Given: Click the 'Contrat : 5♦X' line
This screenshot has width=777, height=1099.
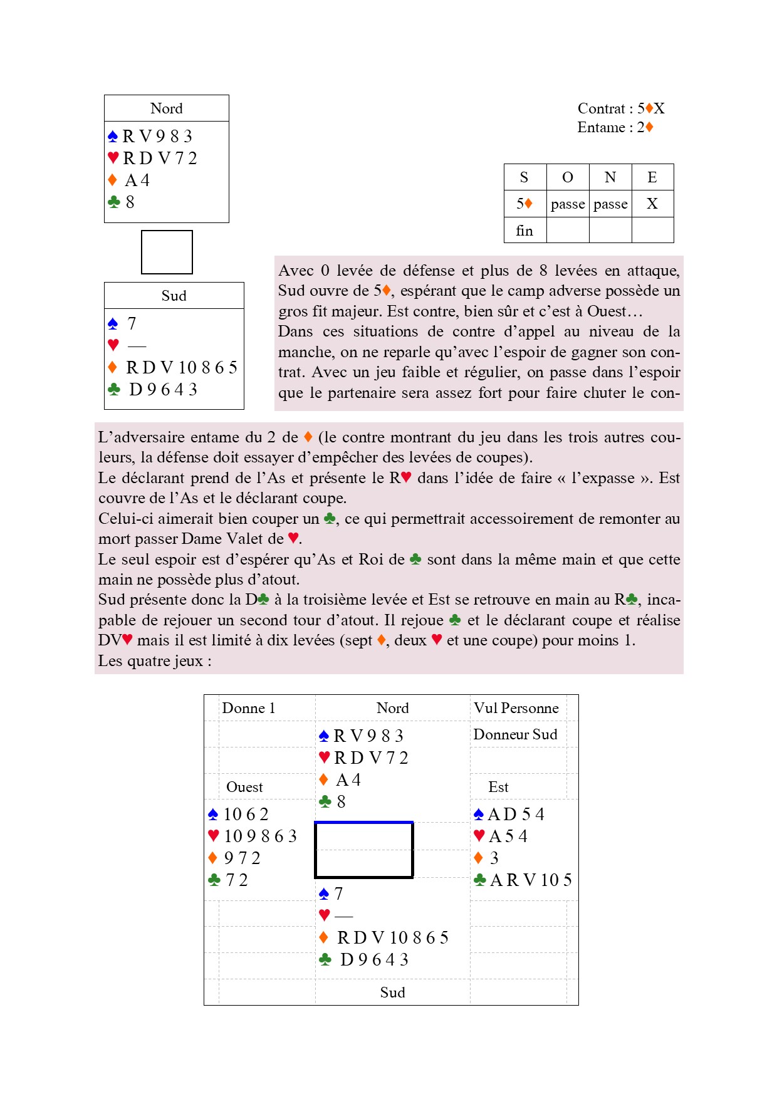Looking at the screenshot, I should coord(620,108).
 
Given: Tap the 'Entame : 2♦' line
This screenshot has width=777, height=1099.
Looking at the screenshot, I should coord(615,127).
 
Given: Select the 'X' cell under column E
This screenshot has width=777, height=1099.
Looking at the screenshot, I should coord(652,204).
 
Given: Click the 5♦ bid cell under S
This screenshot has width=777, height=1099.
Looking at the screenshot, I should coord(524,204).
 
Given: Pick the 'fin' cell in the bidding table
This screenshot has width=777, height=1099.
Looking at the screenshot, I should coord(524,231).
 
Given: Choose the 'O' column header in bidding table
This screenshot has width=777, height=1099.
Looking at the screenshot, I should coord(568,177).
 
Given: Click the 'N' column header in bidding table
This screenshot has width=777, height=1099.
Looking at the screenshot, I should coord(610,177).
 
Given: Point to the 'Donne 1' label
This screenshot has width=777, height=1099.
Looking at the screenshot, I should coord(249,708).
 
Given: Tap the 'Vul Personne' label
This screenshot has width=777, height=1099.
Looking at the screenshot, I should coord(516,708).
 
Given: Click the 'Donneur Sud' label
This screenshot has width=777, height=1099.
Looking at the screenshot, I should coord(515,734).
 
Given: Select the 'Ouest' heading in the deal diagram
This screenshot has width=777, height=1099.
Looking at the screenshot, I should coord(244,787).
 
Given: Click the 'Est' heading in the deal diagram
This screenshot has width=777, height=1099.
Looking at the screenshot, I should coord(498,787).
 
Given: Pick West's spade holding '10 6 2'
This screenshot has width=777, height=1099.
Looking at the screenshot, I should coord(246,814).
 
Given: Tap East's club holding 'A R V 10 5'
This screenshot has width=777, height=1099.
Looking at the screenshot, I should coord(530,880).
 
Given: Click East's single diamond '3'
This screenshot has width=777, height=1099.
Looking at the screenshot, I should coord(494,858).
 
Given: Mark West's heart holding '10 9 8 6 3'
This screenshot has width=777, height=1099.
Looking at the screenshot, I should coord(260,836).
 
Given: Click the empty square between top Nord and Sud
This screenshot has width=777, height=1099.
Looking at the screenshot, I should coord(167,252).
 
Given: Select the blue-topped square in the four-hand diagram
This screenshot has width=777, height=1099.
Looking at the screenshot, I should coord(363,850).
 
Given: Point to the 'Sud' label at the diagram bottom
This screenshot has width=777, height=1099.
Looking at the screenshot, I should coord(392,992).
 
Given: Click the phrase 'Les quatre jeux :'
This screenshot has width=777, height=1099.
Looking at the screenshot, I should coord(155,661).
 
